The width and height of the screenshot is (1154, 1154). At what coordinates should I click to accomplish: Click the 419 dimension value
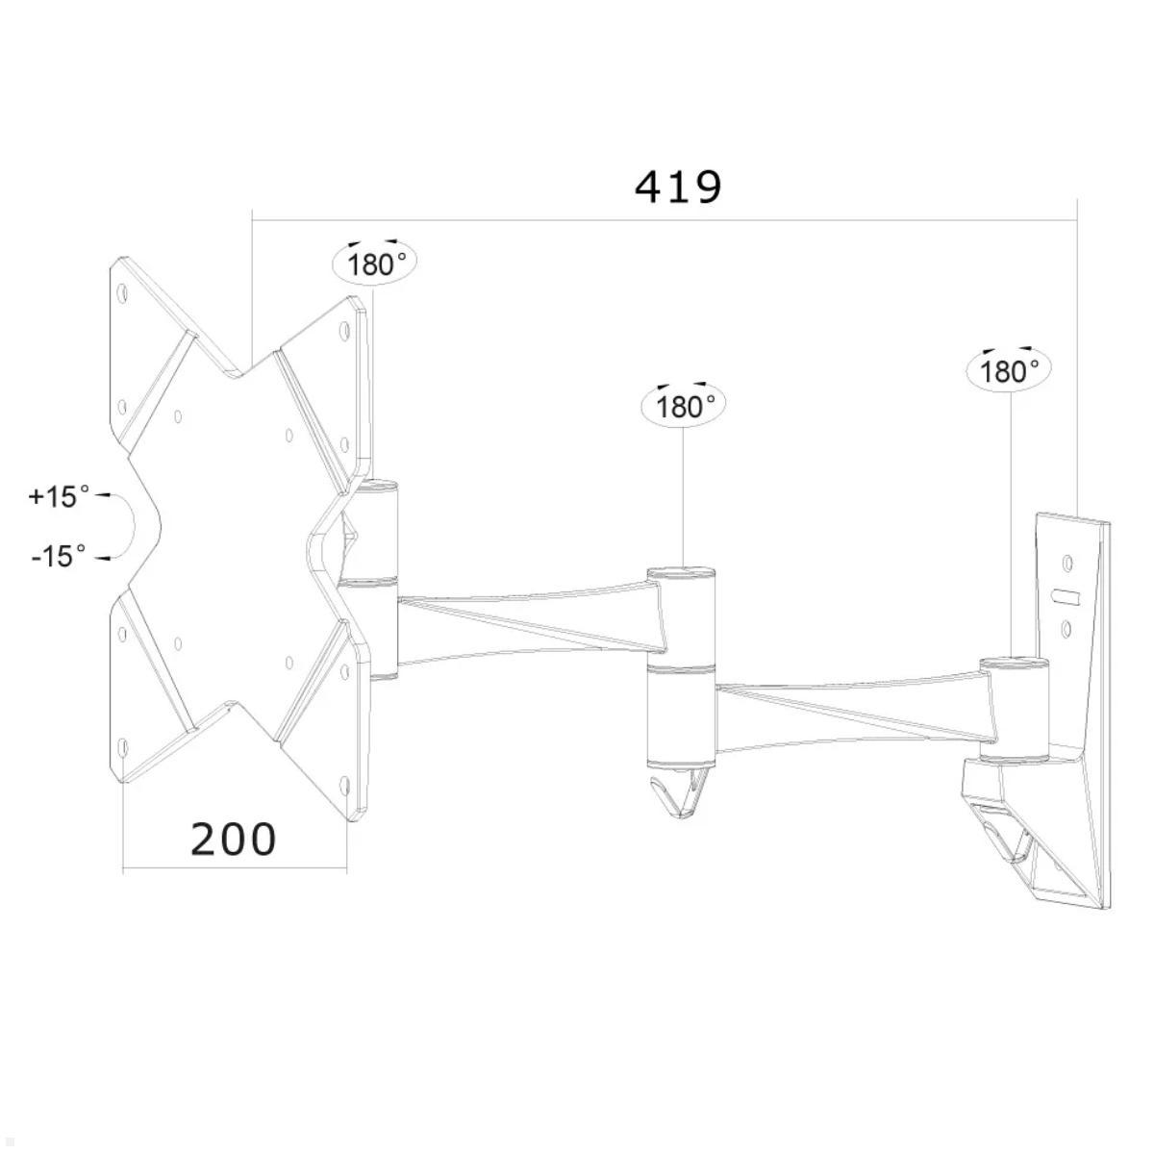tap(678, 187)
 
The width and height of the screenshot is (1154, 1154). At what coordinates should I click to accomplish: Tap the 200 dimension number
tap(234, 839)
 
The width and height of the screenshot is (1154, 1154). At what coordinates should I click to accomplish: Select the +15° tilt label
tap(59, 496)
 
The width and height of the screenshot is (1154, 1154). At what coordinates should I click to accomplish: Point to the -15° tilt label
tap(59, 555)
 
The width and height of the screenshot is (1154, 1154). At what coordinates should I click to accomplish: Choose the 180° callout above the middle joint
tap(682, 406)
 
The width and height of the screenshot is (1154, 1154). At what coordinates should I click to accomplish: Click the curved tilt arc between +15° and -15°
tap(130, 526)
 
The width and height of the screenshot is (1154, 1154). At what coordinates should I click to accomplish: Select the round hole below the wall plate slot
tap(1066, 630)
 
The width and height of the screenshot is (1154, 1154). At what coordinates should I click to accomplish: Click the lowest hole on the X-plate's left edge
tap(122, 746)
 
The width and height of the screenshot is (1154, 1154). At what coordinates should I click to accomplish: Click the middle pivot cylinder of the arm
tap(681, 664)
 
